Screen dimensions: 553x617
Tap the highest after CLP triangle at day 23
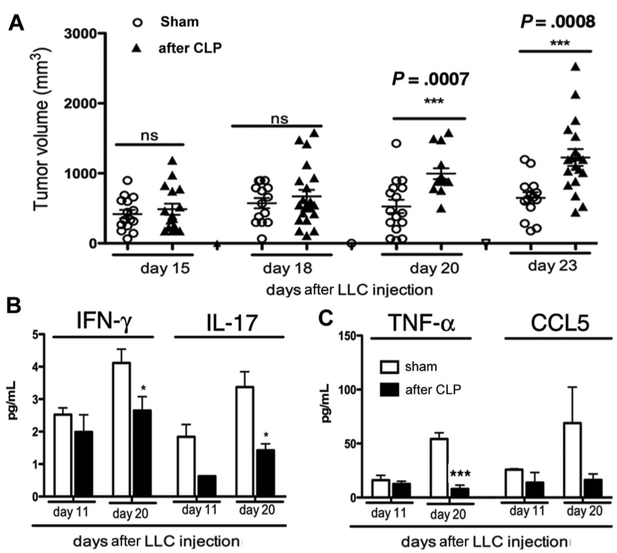pyautogui.click(x=575, y=66)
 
